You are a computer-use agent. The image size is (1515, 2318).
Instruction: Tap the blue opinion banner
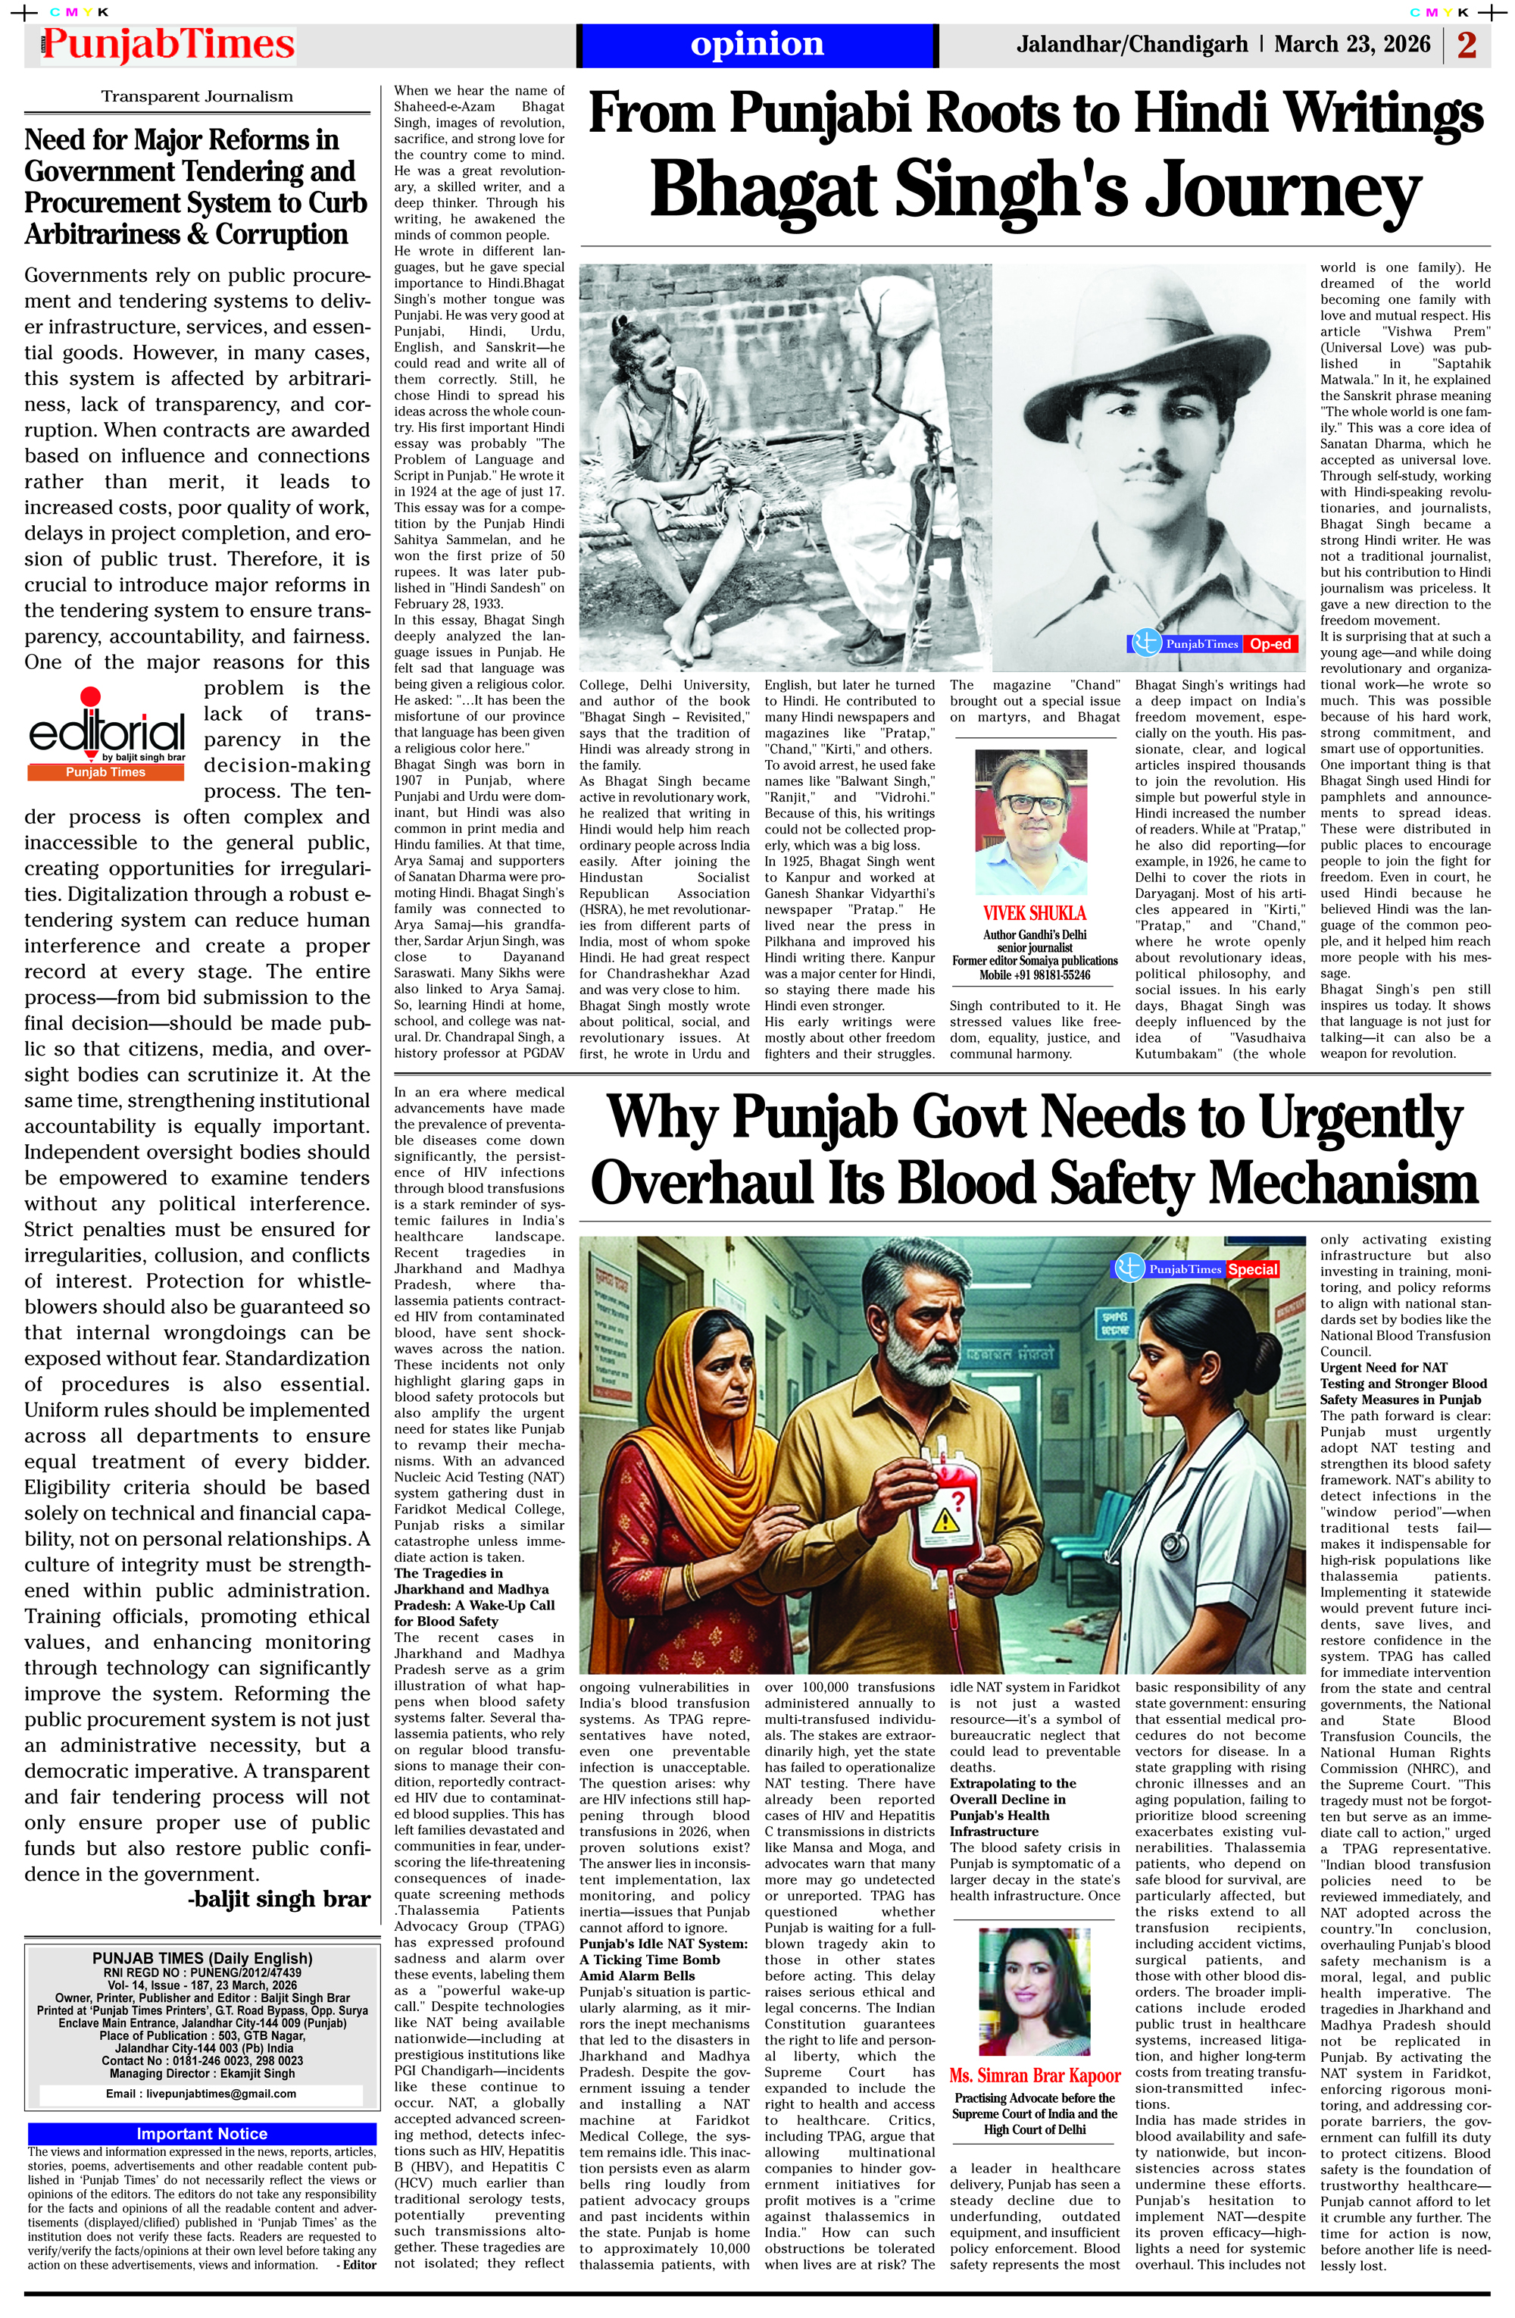click(x=757, y=45)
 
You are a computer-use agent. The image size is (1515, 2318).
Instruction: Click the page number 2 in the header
click(x=1467, y=45)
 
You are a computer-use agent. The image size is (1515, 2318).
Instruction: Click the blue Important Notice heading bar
click(x=201, y=2133)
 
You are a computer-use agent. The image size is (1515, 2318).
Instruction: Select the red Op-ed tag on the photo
click(x=1270, y=644)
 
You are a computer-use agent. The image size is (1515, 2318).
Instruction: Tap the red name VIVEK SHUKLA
click(x=1034, y=912)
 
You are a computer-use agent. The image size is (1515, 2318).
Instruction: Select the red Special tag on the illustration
click(x=1252, y=1270)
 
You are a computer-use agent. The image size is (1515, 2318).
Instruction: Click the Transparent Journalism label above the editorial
click(x=197, y=96)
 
